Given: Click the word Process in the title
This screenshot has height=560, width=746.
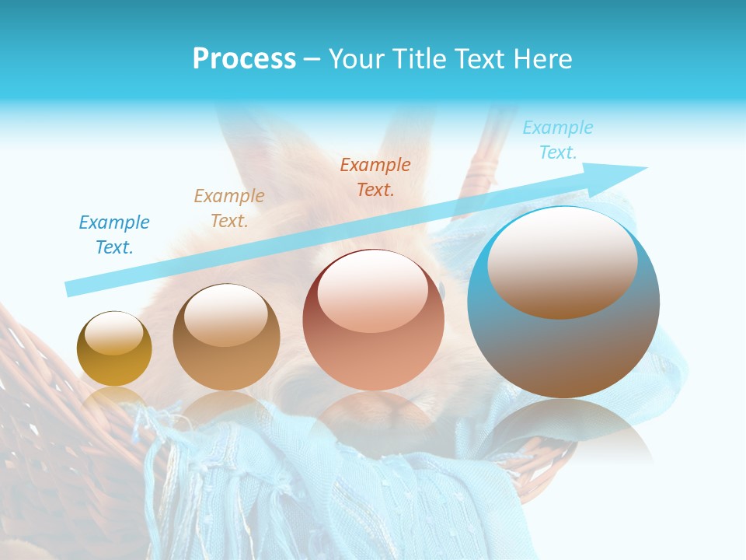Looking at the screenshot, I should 244,59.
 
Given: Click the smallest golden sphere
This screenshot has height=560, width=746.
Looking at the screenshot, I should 114,349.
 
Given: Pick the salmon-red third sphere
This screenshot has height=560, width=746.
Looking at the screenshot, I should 373,320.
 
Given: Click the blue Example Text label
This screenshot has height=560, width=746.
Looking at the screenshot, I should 114,235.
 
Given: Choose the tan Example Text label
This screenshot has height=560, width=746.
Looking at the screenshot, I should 229,208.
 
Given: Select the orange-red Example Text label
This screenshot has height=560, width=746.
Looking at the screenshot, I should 375,177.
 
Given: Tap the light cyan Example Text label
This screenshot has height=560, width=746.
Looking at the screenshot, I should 558,140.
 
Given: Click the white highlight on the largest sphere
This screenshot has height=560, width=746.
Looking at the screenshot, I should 562,261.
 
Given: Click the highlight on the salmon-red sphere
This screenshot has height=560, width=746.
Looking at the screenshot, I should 372,292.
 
